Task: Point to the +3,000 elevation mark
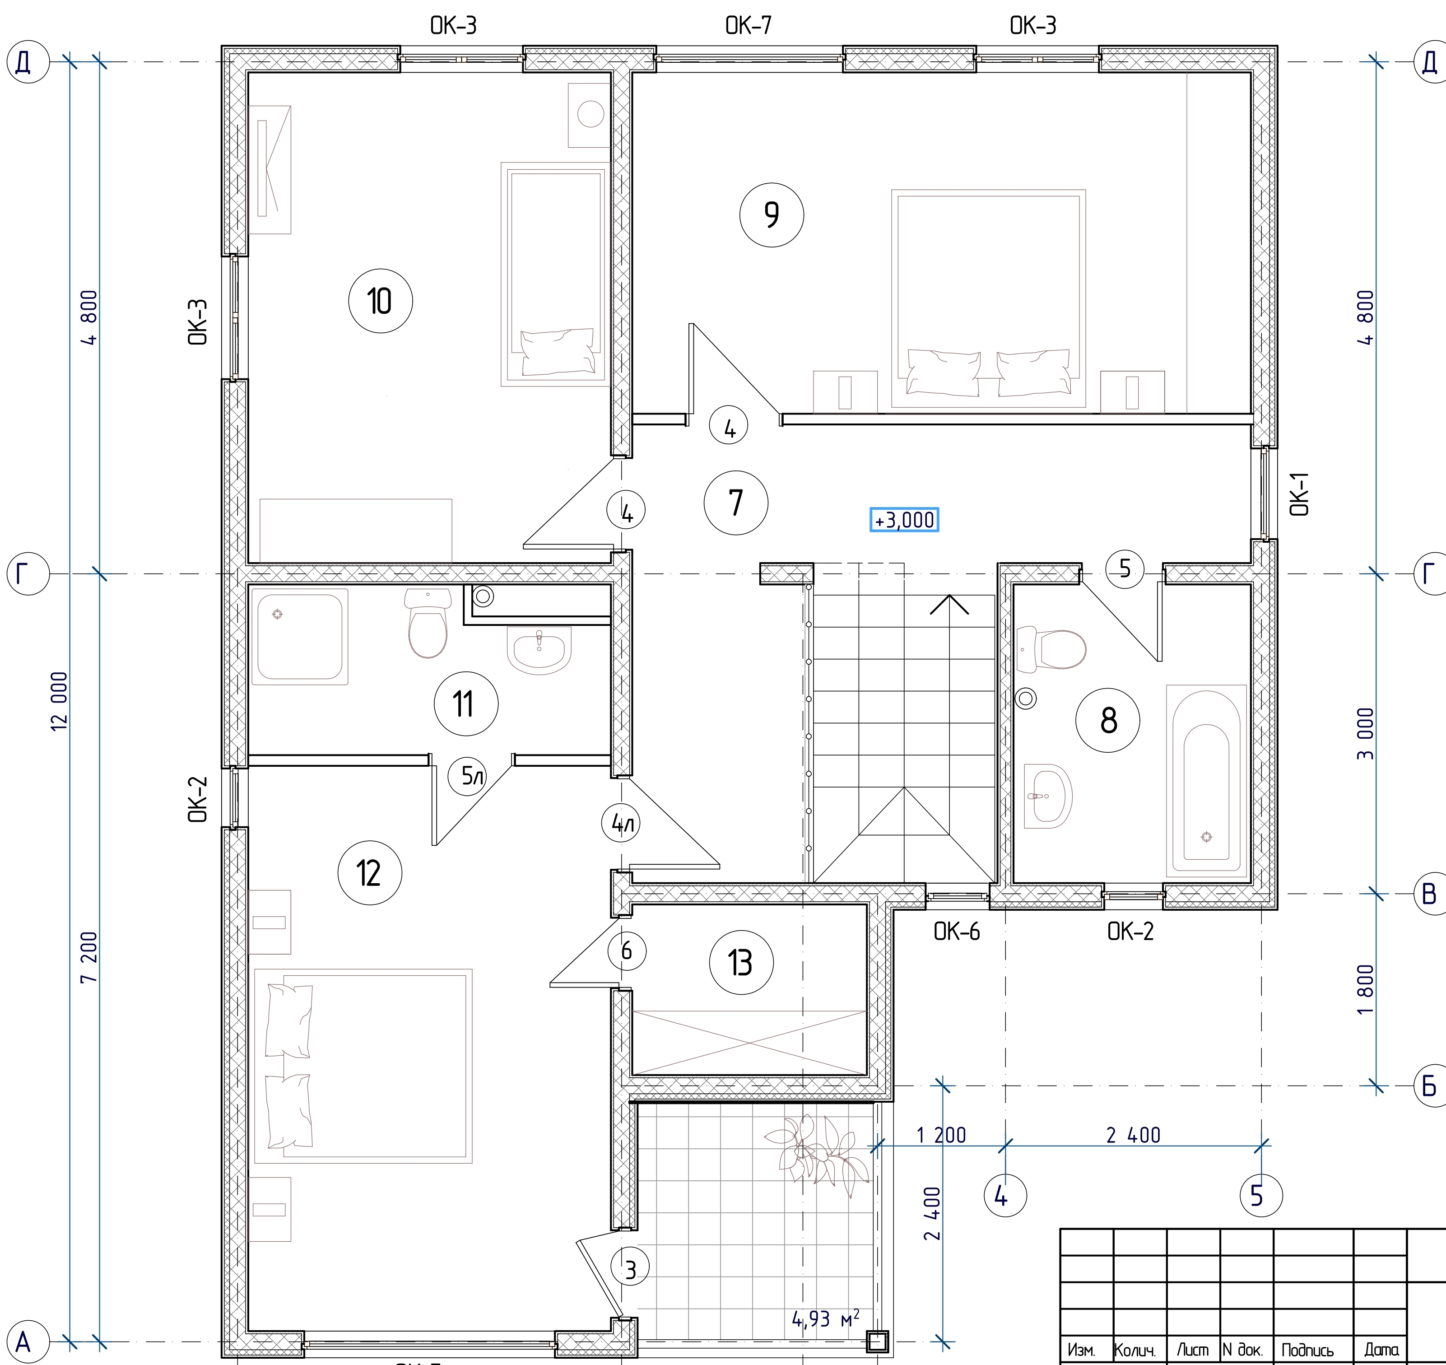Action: (905, 520)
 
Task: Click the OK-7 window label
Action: (749, 25)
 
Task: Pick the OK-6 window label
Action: (957, 932)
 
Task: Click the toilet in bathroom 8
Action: (1052, 649)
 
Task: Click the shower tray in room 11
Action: (300, 637)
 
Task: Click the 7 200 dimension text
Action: (89, 958)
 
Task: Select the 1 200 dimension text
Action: (941, 1136)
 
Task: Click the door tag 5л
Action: (473, 776)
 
